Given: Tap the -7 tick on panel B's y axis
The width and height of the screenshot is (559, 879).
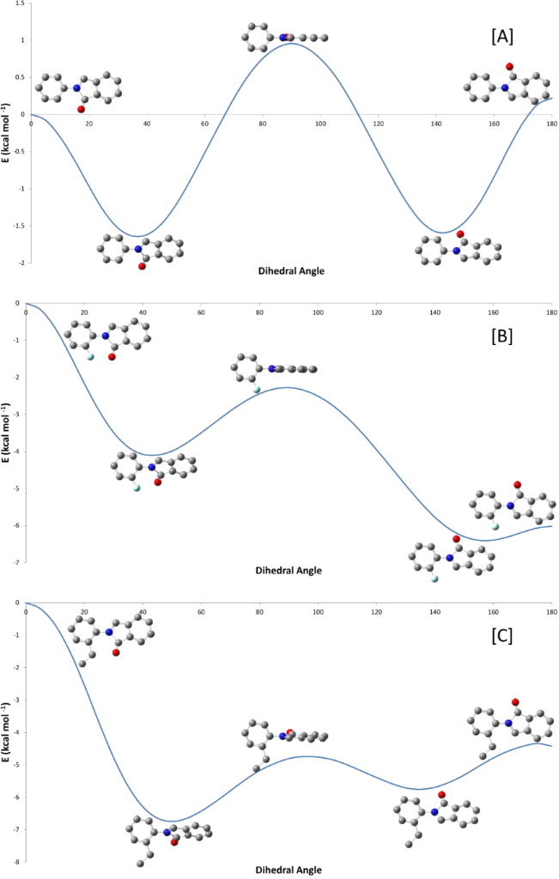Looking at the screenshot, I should point(19,562).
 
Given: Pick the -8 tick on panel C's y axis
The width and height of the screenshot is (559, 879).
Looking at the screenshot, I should point(19,861).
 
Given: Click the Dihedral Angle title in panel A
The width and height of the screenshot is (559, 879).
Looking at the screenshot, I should point(290,270).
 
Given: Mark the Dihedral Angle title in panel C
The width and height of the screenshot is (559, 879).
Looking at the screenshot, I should point(290,870).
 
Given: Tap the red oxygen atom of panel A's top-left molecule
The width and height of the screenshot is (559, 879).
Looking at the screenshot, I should point(82,109).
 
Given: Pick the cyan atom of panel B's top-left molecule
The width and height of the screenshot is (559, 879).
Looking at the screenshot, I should point(90,356).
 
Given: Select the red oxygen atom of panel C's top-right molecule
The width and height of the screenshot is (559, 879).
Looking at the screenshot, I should point(515,702).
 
